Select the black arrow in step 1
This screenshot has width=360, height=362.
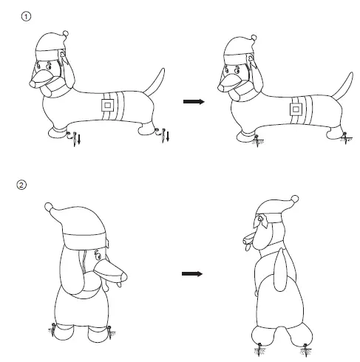click(x=193, y=102)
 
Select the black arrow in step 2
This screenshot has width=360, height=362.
click(x=193, y=274)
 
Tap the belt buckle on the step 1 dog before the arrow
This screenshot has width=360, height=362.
click(x=108, y=105)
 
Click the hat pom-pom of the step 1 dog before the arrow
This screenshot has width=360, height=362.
click(x=67, y=33)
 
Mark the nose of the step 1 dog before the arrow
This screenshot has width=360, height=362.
click(x=31, y=82)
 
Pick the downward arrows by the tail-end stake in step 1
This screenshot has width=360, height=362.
click(x=168, y=136)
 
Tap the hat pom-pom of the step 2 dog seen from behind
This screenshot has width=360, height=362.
click(x=50, y=208)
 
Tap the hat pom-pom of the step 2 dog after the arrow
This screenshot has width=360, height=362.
click(x=295, y=199)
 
